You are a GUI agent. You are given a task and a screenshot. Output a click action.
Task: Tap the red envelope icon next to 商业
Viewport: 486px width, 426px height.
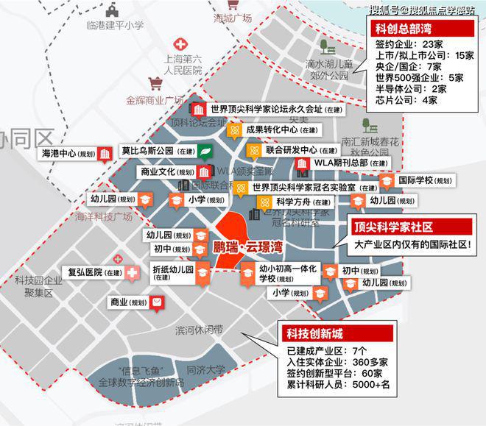tap(157, 302)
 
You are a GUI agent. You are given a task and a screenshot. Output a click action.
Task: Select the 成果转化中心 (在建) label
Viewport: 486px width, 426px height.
tap(282, 131)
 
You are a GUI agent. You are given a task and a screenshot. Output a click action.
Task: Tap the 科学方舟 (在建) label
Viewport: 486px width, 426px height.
tap(303, 202)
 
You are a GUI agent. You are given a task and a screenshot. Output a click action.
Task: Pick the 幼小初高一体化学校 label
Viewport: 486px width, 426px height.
tap(287, 274)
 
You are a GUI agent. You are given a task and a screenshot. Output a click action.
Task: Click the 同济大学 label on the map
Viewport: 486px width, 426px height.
tap(205, 370)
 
